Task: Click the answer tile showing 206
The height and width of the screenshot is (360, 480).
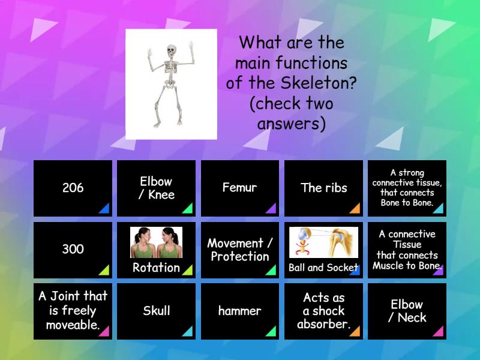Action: point(73,188)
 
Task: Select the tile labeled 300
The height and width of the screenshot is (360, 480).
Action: point(73,250)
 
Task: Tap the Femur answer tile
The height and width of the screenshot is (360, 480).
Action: point(239,188)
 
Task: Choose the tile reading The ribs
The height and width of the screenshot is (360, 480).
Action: point(323,188)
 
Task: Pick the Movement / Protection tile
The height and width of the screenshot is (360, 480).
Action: point(239,250)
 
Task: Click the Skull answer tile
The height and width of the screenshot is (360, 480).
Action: point(156,311)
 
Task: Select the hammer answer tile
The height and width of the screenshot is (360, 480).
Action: point(239,311)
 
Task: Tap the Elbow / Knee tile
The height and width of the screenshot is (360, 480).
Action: point(156,188)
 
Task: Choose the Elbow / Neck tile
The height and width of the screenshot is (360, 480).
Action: point(407,311)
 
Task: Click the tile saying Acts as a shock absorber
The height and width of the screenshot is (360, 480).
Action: point(323,311)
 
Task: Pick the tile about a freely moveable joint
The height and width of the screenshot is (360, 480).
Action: point(73,311)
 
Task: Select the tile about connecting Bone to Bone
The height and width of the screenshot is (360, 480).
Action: point(407,188)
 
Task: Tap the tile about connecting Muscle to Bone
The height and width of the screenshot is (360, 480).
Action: point(407,250)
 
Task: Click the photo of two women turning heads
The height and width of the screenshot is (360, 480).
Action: point(156,242)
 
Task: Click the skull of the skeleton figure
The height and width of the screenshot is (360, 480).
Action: point(171,50)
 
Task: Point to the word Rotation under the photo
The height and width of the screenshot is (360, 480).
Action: point(156,268)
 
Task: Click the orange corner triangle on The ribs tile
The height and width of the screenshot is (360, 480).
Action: point(355,209)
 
